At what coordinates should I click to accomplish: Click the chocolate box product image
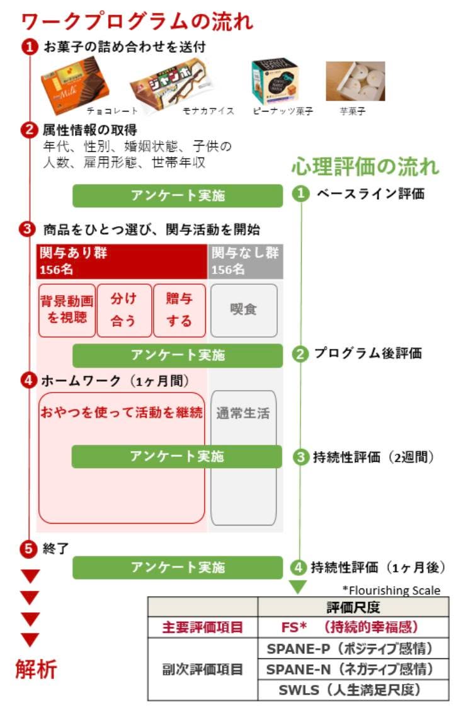[76, 84]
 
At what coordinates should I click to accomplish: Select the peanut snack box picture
[275, 81]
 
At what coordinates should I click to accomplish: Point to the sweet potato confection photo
[355, 81]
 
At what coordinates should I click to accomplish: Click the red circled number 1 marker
[30, 47]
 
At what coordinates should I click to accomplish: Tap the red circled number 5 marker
[28, 549]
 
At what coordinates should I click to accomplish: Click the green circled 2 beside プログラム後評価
[300, 353]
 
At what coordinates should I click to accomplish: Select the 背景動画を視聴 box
[67, 311]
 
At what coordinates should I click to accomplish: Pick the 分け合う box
[124, 311]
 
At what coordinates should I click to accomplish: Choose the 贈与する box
[180, 311]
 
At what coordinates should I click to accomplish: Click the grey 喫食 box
[244, 311]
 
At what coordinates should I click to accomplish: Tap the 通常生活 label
[243, 413]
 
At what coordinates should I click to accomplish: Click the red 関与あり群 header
[122, 261]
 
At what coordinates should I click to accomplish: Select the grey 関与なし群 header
[245, 261]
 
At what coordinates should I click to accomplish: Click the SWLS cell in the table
[353, 690]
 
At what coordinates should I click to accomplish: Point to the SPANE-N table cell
[353, 669]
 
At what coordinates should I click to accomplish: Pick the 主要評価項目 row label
[203, 628]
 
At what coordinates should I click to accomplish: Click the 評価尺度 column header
[353, 607]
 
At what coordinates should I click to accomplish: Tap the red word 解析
[37, 669]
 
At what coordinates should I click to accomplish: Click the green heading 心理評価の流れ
[365, 166]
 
